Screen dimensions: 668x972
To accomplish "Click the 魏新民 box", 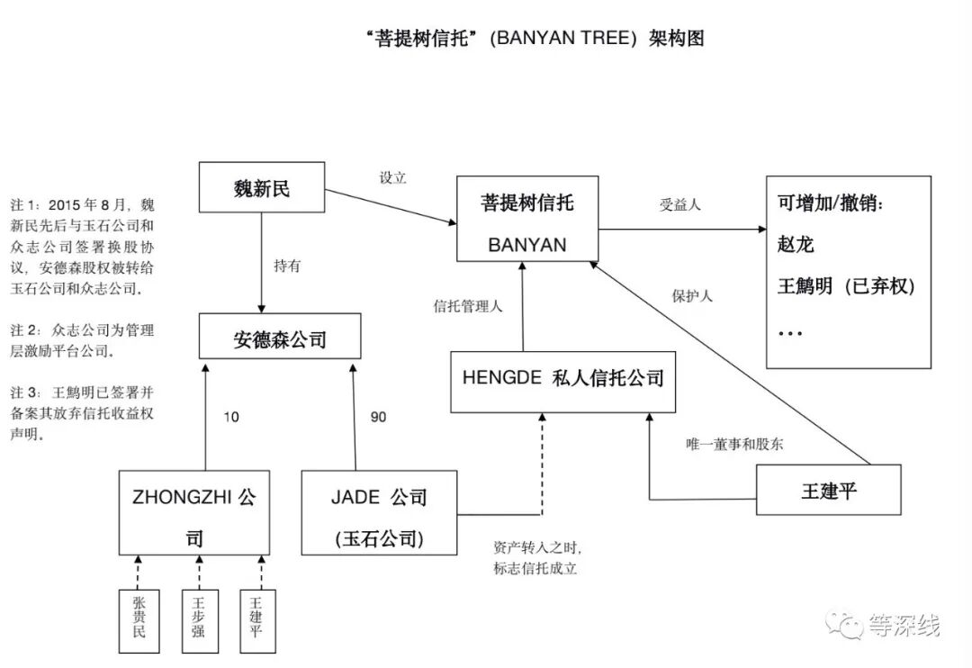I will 262,189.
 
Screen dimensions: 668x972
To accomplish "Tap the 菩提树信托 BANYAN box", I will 527,221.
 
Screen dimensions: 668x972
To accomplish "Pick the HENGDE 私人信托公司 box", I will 562,379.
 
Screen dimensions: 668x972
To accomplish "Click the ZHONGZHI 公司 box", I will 193,512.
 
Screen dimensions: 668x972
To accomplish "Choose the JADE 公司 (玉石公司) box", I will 379,512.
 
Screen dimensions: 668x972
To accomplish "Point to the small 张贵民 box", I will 139,619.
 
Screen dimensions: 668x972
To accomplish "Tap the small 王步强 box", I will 198,619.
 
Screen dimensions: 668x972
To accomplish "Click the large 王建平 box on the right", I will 828,491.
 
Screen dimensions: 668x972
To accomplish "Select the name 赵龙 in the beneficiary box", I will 796,244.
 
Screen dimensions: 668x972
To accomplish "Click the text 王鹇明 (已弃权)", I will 846,286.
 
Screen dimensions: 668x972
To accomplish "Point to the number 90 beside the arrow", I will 378,417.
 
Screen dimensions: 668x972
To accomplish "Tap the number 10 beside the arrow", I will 231,417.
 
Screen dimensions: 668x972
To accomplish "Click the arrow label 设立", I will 392,178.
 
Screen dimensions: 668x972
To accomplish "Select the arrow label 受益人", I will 679,204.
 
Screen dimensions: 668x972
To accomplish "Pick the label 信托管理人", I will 468,306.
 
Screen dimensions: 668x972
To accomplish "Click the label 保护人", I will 692,295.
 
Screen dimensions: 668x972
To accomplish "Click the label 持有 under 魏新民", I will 287,266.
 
